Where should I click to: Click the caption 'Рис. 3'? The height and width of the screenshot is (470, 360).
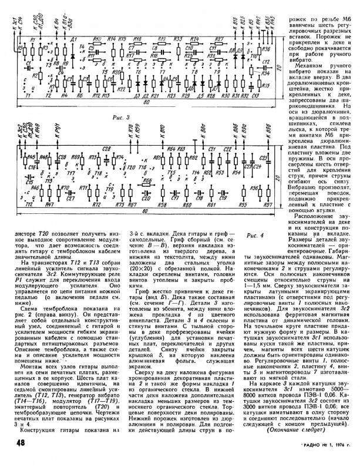tap(126, 117)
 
